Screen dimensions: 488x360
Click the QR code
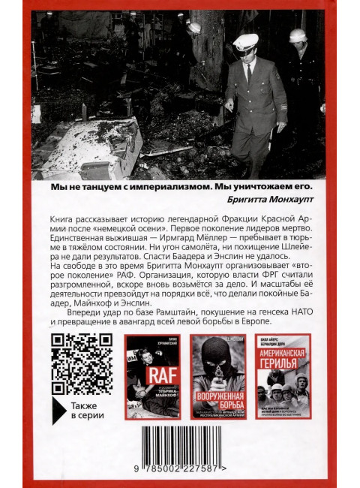(x=74, y=359)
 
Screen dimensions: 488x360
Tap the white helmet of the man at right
(x=298, y=35)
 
